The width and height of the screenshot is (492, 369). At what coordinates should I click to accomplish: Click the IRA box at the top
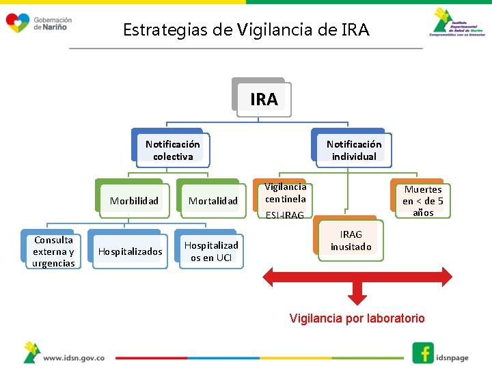[x=264, y=99]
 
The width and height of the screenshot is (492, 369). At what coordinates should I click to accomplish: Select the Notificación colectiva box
[x=172, y=150]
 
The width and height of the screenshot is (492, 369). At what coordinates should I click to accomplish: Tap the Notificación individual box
[x=353, y=150]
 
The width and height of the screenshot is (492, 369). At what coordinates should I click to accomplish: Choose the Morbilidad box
[x=134, y=200]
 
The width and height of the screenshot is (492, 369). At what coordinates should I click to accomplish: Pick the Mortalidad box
[x=213, y=200]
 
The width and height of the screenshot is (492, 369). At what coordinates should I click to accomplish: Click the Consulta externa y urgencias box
[x=53, y=251]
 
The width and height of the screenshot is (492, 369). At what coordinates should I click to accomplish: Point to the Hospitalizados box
[x=130, y=251]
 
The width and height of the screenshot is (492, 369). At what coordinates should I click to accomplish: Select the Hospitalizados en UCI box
[x=211, y=251]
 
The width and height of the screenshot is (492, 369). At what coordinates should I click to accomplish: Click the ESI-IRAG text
[x=284, y=215]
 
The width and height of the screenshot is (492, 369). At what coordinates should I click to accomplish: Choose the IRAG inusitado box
[x=351, y=241]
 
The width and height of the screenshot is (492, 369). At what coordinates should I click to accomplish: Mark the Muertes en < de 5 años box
[x=422, y=200]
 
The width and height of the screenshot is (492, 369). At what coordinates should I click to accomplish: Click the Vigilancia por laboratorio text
[x=357, y=318]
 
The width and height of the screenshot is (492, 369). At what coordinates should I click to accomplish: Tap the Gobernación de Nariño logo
[x=38, y=23]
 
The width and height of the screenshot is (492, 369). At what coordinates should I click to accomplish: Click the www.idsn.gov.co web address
[x=73, y=357]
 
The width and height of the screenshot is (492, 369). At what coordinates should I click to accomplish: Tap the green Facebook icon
[x=423, y=353]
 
